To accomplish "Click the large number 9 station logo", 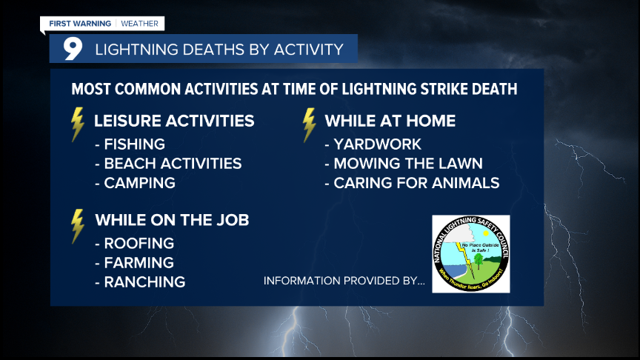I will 72,49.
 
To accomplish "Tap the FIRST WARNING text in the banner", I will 80,24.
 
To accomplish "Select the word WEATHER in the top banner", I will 139,24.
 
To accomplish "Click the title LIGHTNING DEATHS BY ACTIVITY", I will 219,50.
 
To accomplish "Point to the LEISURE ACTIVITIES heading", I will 174,121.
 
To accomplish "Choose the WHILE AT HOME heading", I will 390,121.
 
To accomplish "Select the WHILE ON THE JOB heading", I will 172,220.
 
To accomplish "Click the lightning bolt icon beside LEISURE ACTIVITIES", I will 77,124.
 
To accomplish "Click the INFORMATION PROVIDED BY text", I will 344,281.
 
